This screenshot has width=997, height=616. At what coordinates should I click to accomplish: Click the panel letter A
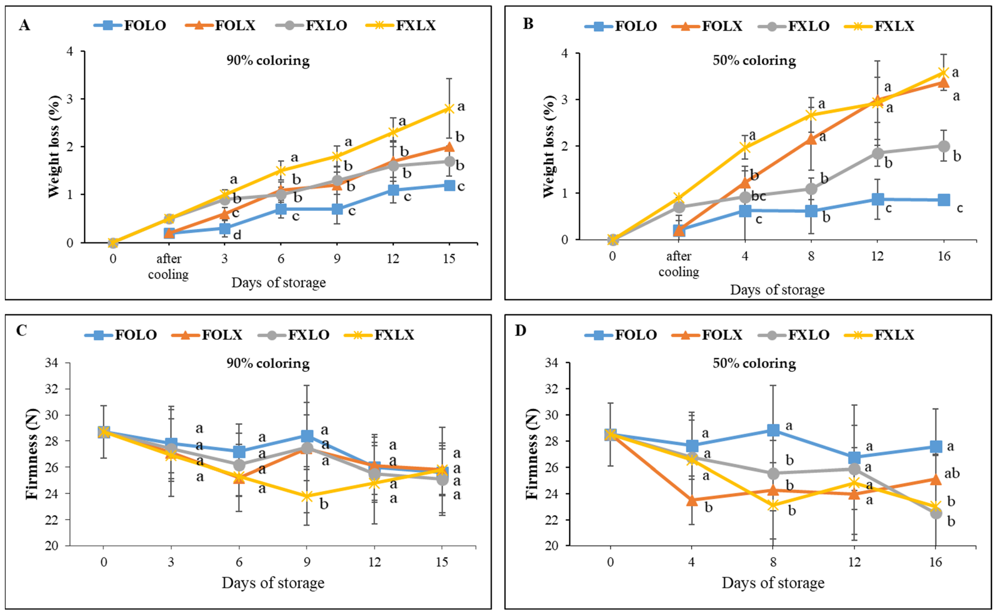[24, 25]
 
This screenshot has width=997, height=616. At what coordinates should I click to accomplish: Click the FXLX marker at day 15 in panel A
[449, 108]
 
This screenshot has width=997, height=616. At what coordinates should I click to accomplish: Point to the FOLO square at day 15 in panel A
[449, 186]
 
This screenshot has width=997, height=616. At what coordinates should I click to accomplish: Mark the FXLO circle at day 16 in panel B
[944, 146]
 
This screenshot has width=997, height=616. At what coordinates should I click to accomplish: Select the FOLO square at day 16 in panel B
[944, 200]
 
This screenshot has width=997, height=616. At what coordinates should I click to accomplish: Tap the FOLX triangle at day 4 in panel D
[691, 500]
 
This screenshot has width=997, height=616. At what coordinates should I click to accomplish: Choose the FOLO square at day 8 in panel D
[773, 430]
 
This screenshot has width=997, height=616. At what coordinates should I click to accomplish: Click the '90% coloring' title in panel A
[268, 61]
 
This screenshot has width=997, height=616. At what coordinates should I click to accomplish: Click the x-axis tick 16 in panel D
[936, 562]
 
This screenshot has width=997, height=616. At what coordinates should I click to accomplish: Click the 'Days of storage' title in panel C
[273, 583]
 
